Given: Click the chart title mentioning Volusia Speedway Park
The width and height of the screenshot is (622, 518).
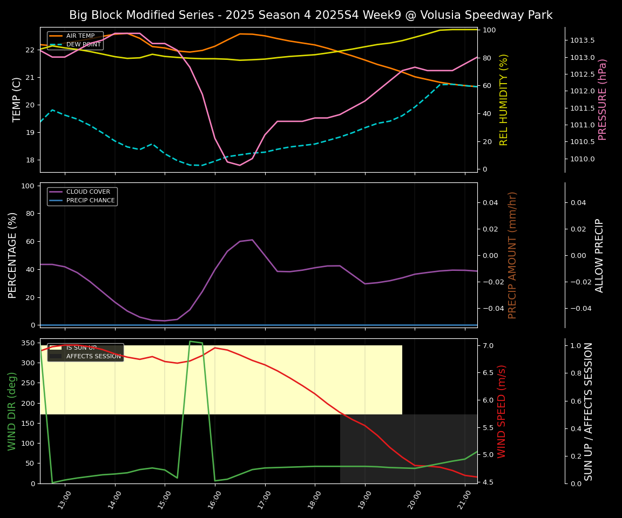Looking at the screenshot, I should point(310,15).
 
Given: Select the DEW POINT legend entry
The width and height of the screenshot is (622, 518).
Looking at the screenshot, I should point(83,44).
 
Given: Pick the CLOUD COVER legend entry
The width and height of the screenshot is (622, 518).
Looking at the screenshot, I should point(88,192).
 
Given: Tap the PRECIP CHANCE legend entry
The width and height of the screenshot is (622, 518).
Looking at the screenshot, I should point(90,200).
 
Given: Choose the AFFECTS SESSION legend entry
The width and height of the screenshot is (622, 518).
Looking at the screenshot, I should point(93,356).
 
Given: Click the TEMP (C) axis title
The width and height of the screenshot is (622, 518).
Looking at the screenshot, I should point(17,99).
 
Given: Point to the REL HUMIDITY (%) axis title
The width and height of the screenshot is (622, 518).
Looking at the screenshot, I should point(504,99).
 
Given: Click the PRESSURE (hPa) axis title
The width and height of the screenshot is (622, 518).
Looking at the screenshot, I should point(603,99).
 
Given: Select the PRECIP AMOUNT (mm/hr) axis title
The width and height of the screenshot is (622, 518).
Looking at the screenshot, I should point(513,255).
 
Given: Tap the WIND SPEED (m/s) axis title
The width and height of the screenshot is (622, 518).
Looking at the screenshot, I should point(502,411).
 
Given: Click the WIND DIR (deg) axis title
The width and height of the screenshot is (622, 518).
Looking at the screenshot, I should point(12,411).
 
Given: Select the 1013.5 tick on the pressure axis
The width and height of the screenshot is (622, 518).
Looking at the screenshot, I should point(582,40).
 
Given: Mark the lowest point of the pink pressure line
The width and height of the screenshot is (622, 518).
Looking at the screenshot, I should point(240,165).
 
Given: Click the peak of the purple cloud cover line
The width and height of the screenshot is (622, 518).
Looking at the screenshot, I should point(252,240).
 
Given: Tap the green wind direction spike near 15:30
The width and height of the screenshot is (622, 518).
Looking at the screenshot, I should point(190,341).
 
